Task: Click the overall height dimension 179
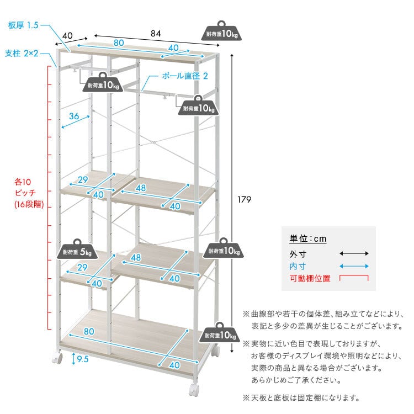tap(244, 199)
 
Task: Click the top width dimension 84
tap(156, 34)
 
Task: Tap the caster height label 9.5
tap(83, 359)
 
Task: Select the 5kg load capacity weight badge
tap(77, 249)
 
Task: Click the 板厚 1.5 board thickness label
tap(23, 25)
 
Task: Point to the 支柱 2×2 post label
tap(22, 54)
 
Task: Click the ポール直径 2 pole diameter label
tap(185, 76)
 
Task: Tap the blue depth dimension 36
tap(74, 116)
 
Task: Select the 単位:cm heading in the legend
tap(308, 238)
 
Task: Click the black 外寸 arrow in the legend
tap(354, 253)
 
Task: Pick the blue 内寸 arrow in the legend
tap(354, 266)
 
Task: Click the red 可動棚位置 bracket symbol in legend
tap(354, 278)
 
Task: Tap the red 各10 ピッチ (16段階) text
tap(29, 193)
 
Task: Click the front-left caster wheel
tap(57, 358)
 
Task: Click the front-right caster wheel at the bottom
tap(194, 390)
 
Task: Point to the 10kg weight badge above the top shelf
tap(221, 31)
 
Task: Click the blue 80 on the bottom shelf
tap(89, 331)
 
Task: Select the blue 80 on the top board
tap(119, 43)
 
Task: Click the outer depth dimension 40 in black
tap(67, 36)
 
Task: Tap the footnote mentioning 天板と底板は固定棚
tap(301, 397)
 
